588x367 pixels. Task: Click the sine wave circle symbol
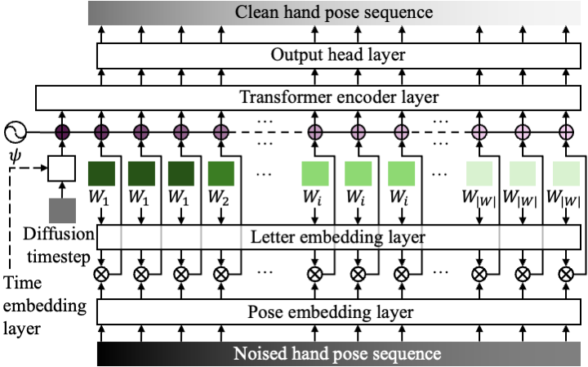[16, 132]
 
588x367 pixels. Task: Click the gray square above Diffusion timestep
[61, 209]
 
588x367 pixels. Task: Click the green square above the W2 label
[220, 173]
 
